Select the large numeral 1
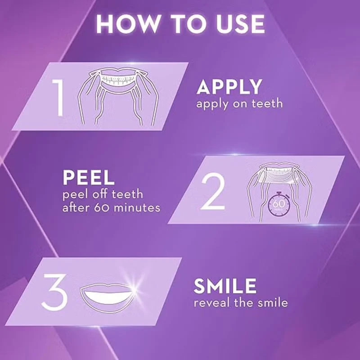[x=58, y=97]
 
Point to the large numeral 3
[x=54, y=292]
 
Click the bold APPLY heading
[x=229, y=87]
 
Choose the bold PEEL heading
[x=88, y=177]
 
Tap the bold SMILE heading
[x=225, y=286]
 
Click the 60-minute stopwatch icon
[x=279, y=204]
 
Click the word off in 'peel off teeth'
[x=99, y=194]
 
